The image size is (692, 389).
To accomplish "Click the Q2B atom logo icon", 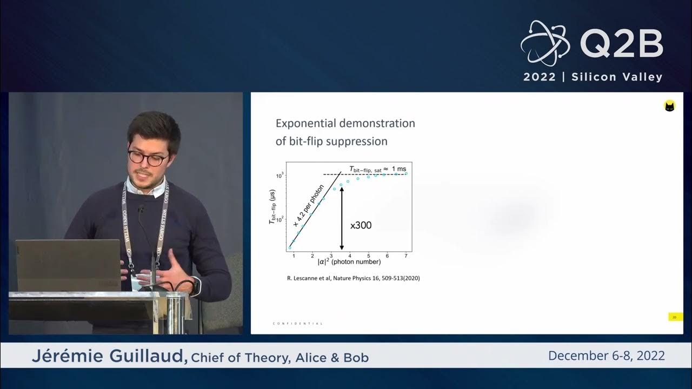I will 545,43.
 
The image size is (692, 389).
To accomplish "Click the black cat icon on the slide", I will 669,106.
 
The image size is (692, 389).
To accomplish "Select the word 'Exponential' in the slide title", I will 305,123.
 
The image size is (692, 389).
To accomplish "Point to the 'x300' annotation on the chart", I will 361,225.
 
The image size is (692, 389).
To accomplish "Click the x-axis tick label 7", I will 405,256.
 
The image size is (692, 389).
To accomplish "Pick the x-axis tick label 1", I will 294,256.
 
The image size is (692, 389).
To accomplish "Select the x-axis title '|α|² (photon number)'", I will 349,262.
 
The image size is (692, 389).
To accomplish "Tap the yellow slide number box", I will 674,317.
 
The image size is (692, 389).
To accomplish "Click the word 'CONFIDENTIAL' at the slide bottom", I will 298,324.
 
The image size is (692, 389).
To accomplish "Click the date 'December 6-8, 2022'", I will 606,356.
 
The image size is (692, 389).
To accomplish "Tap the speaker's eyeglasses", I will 148,158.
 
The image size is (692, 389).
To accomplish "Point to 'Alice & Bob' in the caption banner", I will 332,357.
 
